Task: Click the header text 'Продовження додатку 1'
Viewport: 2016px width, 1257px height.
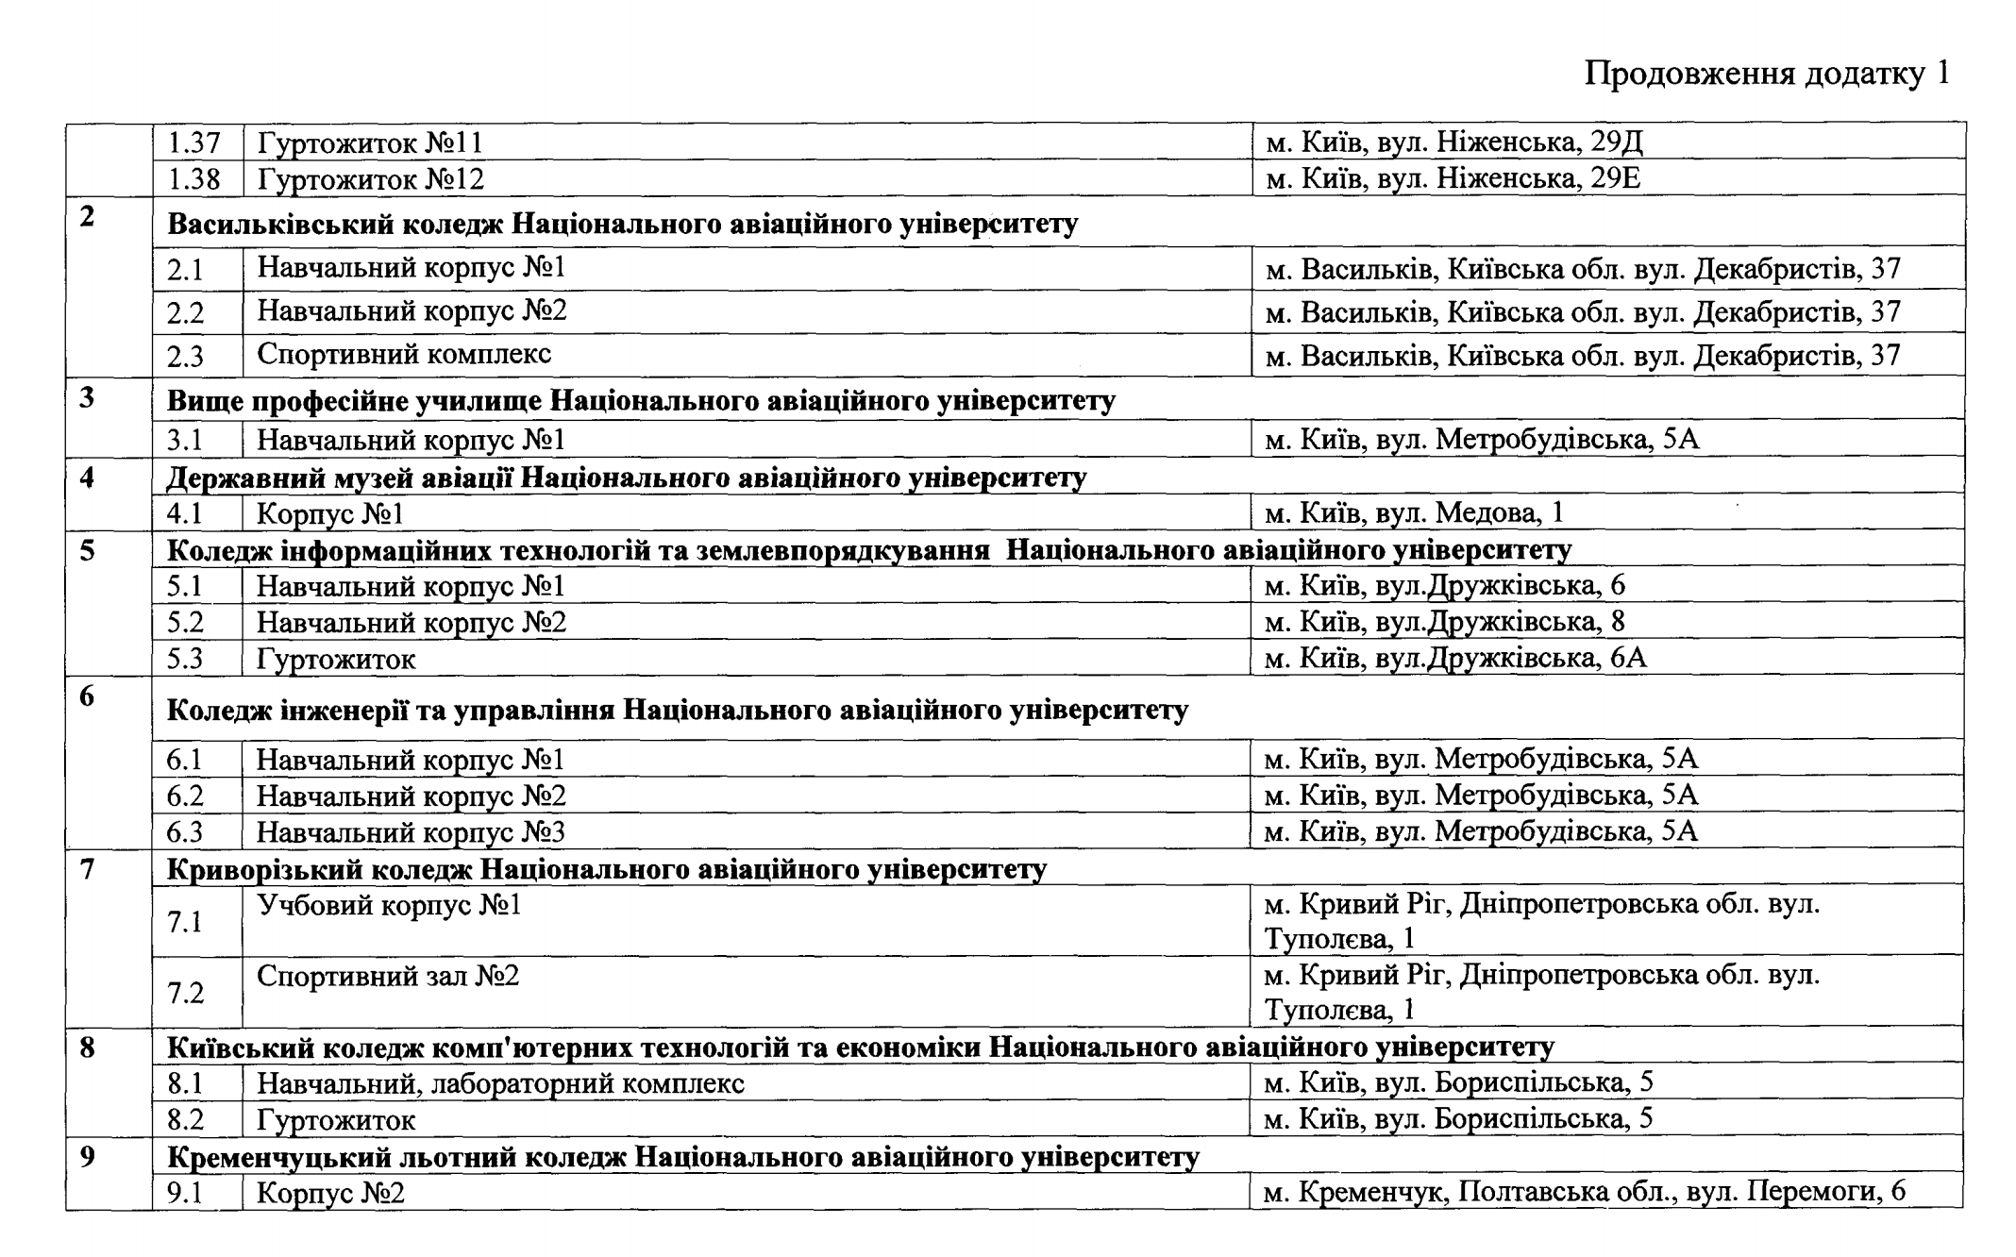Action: [x=1766, y=73]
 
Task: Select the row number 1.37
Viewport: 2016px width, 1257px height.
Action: [x=193, y=143]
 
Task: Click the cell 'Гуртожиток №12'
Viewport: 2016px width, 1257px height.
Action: [x=371, y=179]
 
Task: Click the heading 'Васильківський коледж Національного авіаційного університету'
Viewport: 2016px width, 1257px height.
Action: [x=622, y=225]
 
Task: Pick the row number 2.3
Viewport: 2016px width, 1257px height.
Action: [x=186, y=357]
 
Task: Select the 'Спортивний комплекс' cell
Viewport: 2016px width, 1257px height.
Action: [x=404, y=354]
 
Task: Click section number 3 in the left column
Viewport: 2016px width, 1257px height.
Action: [x=87, y=398]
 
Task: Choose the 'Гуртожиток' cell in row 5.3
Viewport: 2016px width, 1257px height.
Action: [x=336, y=659]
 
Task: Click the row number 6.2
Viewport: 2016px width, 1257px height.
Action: [x=185, y=796]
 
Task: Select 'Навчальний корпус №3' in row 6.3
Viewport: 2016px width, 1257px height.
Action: [x=411, y=832]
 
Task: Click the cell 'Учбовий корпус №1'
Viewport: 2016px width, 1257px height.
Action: [x=389, y=906]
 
